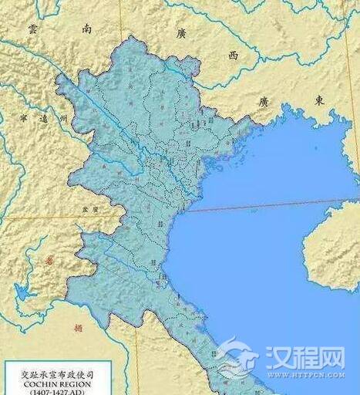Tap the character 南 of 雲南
pyautogui.click(x=86, y=29)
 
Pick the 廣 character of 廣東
pyautogui.click(x=264, y=101)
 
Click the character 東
pyautogui.click(x=318, y=101)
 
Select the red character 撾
pyautogui.click(x=77, y=327)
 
